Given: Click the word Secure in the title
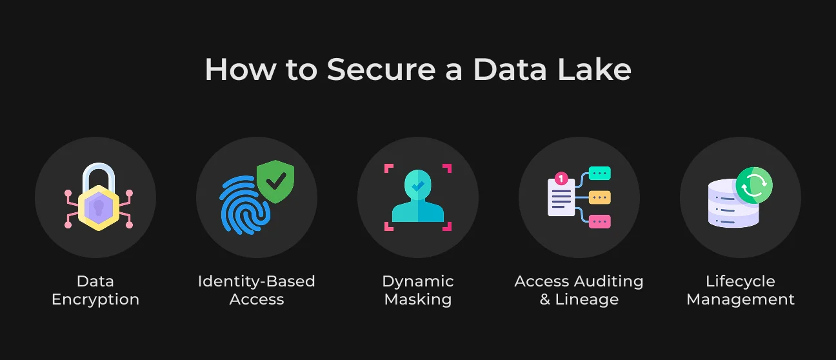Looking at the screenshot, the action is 381,70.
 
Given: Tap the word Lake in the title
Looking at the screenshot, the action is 595,69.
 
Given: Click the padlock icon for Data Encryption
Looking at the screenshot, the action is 99,197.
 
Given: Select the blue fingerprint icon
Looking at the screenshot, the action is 244,205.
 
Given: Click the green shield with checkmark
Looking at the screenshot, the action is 275,181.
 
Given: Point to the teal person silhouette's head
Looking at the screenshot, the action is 418,185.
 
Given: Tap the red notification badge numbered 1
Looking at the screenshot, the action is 561,179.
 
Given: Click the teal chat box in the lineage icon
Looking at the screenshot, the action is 600,174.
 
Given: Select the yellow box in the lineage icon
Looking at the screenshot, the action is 600,197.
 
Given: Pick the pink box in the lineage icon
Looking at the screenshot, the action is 600,221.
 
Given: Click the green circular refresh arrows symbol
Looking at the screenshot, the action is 754,185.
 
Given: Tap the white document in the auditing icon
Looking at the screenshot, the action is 561,197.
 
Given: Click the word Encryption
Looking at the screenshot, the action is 95,300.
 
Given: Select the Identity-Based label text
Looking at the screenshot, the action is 256,281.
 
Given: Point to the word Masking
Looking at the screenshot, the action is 418,300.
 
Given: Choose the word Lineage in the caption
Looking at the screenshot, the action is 587,299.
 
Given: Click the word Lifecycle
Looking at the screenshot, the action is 741,281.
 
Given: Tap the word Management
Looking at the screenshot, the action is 741,300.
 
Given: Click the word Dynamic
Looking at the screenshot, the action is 418,281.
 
